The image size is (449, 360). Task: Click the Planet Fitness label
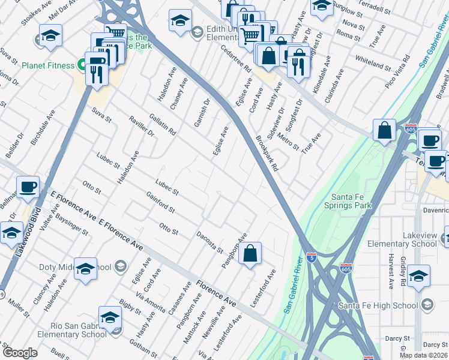click(48, 65)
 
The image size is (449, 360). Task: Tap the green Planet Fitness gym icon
click(80, 65)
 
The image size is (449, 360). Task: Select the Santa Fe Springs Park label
click(351, 201)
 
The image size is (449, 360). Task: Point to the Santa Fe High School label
click(378, 306)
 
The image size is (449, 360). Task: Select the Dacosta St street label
click(210, 242)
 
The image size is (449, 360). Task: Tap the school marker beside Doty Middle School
click(86, 269)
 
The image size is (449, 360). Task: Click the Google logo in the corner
click(20, 353)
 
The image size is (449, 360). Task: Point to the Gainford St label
click(160, 202)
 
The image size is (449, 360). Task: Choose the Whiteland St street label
click(373, 62)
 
